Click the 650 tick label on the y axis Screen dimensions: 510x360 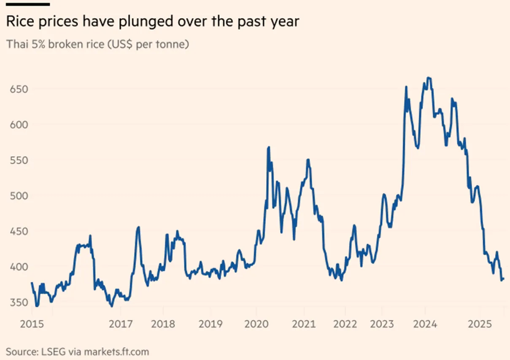tap(19, 89)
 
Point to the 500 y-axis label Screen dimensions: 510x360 tap(19, 196)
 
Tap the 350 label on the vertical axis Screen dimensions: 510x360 tap(19, 302)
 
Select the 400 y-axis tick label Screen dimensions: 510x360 tap(19, 267)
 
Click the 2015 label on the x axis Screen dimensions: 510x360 tap(32, 324)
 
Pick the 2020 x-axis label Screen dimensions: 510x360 tap(256, 324)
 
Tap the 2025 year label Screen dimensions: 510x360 tap(480, 324)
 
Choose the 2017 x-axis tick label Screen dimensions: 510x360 tap(121, 324)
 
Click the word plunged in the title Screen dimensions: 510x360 tap(146, 22)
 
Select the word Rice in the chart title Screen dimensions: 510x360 tap(20, 21)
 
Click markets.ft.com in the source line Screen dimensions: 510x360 tap(116, 352)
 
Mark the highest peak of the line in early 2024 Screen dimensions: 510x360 tap(429, 78)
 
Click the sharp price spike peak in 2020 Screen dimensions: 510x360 tap(269, 147)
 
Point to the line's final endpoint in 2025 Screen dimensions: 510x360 tap(504, 279)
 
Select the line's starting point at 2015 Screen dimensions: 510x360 tap(32, 283)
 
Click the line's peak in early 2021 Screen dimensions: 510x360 tap(308, 160)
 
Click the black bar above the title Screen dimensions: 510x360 tap(28, 4)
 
